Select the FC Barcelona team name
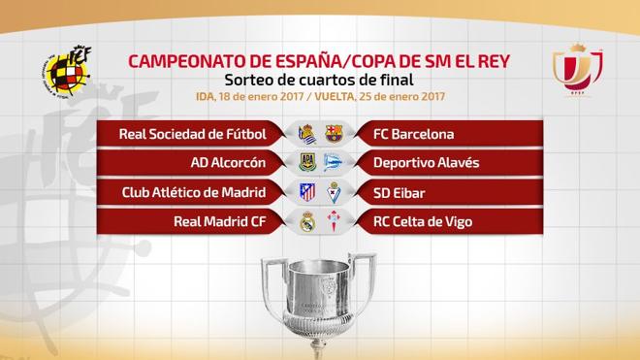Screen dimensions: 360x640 (413, 134)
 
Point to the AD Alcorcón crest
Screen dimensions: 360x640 (306, 162)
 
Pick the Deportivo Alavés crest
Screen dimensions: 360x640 (333, 162)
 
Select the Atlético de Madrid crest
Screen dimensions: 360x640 (306, 191)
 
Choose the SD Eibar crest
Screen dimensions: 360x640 (333, 191)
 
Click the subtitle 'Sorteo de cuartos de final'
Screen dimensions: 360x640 (319, 81)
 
